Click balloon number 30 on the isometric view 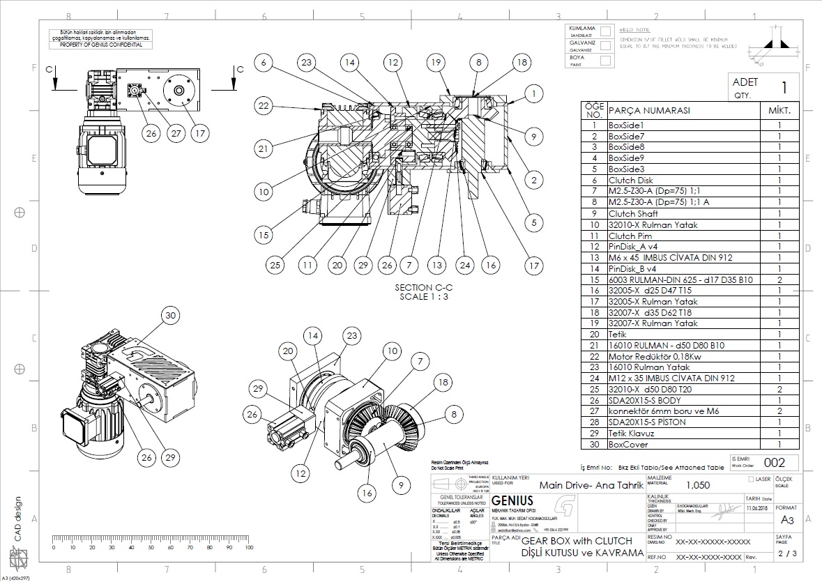pos(170,314)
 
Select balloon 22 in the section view pos(262,106)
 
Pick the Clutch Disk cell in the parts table pos(630,180)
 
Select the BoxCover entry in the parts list pos(627,444)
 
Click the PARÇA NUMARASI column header pos(649,111)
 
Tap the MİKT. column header pos(779,111)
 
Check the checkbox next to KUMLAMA pos(606,31)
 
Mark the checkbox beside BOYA pos(606,61)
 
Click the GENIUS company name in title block pos(512,500)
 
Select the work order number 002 pos(775,462)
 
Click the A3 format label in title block pos(787,520)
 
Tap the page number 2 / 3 pos(786,554)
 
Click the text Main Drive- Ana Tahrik pos(591,485)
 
